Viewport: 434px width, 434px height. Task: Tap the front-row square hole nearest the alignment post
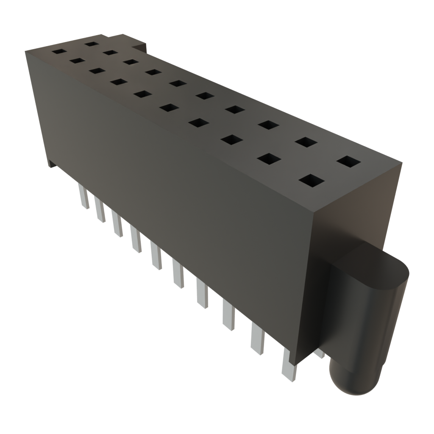[311, 181]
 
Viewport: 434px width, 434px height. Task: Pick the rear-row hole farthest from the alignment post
[91, 43]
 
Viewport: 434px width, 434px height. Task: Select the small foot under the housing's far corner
[52, 164]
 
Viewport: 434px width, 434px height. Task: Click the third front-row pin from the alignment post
[228, 316]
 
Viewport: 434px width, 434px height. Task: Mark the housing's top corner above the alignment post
[401, 162]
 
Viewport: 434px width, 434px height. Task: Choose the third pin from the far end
[117, 224]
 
